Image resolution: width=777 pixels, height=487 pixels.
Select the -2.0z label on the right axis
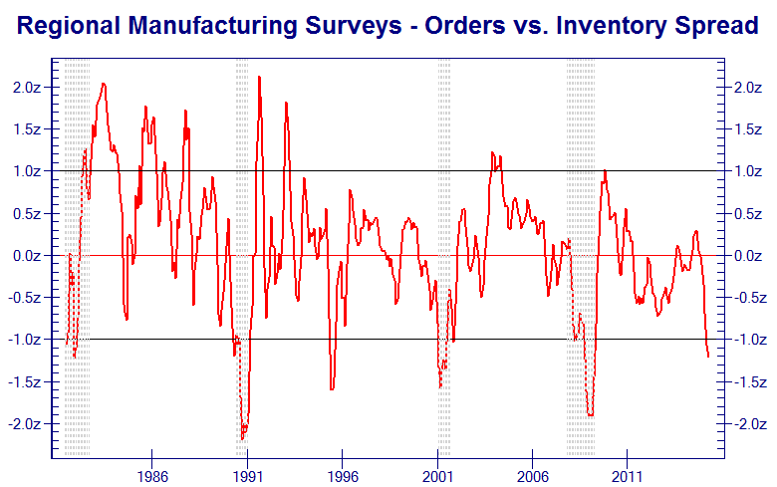point(748,424)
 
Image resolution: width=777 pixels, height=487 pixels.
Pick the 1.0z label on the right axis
point(750,171)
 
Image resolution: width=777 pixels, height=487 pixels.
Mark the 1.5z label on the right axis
point(750,129)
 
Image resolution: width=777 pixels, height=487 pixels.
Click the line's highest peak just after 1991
point(259,77)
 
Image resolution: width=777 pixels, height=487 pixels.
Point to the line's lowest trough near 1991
point(242,438)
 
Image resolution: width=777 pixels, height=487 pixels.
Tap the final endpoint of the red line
point(708,357)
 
